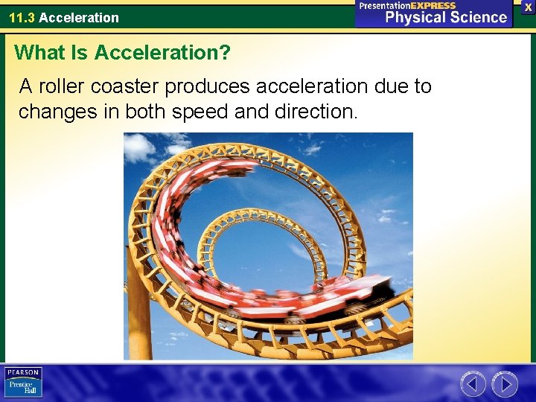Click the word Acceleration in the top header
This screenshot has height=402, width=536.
79,17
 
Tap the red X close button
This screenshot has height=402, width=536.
528,7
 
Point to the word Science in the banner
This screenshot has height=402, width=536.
476,17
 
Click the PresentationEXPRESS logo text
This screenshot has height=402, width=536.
407,5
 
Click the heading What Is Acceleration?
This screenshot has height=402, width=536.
122,53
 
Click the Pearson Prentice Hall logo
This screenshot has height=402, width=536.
23,382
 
